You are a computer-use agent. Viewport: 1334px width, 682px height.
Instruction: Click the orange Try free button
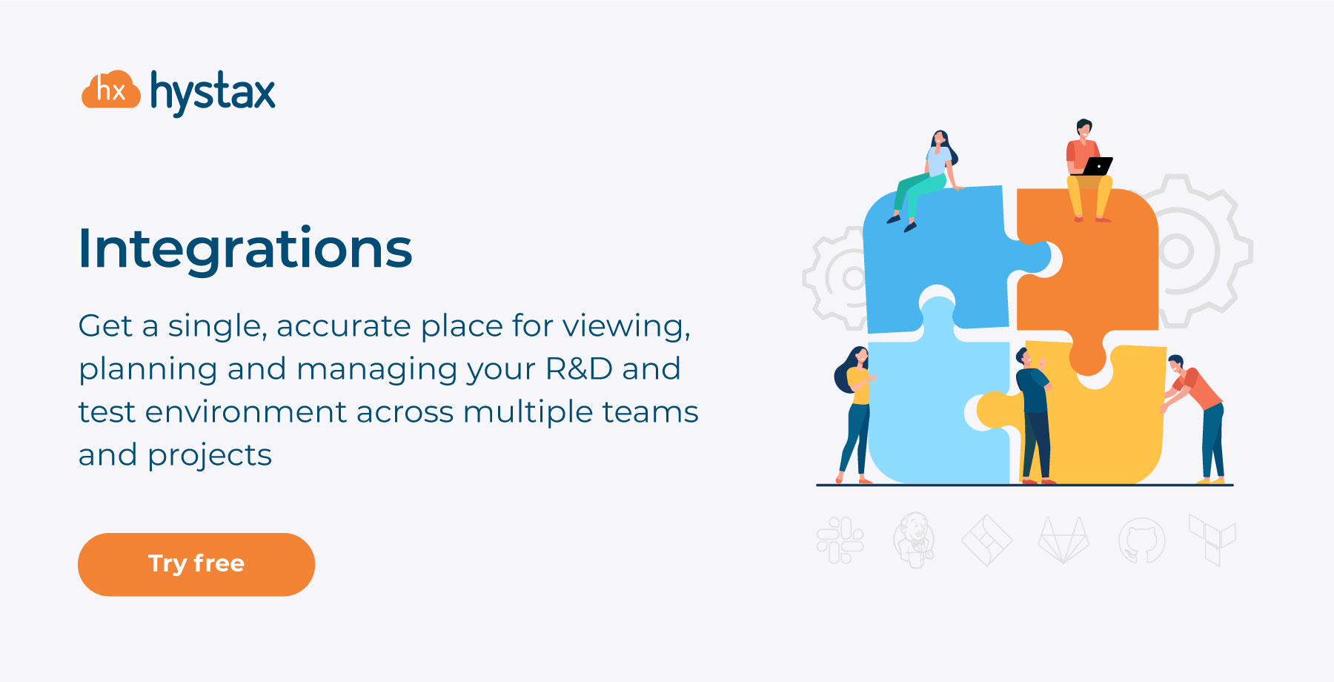(x=196, y=564)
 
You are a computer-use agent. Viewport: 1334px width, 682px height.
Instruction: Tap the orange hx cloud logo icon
(x=111, y=90)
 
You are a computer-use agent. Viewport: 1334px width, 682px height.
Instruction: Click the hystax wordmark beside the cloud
(x=213, y=93)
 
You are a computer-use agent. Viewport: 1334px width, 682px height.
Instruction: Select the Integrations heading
(x=245, y=248)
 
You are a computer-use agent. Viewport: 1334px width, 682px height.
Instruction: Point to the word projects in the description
(x=210, y=456)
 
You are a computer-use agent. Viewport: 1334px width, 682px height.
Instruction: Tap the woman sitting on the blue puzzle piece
(x=925, y=180)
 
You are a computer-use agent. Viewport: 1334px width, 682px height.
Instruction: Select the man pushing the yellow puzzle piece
(x=1195, y=419)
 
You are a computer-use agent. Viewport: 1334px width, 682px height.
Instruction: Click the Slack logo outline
(x=840, y=540)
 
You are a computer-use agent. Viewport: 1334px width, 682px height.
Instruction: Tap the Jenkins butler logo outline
(x=914, y=540)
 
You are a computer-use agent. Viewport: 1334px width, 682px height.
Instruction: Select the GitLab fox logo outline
(x=1063, y=540)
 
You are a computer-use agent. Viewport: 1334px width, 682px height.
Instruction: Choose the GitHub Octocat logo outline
(x=1141, y=540)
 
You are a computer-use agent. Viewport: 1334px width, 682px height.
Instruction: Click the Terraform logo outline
(x=1212, y=540)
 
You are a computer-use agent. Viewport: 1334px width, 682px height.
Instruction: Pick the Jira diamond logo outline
(x=986, y=540)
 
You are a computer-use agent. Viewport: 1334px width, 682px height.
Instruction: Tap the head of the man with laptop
(x=1084, y=129)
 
